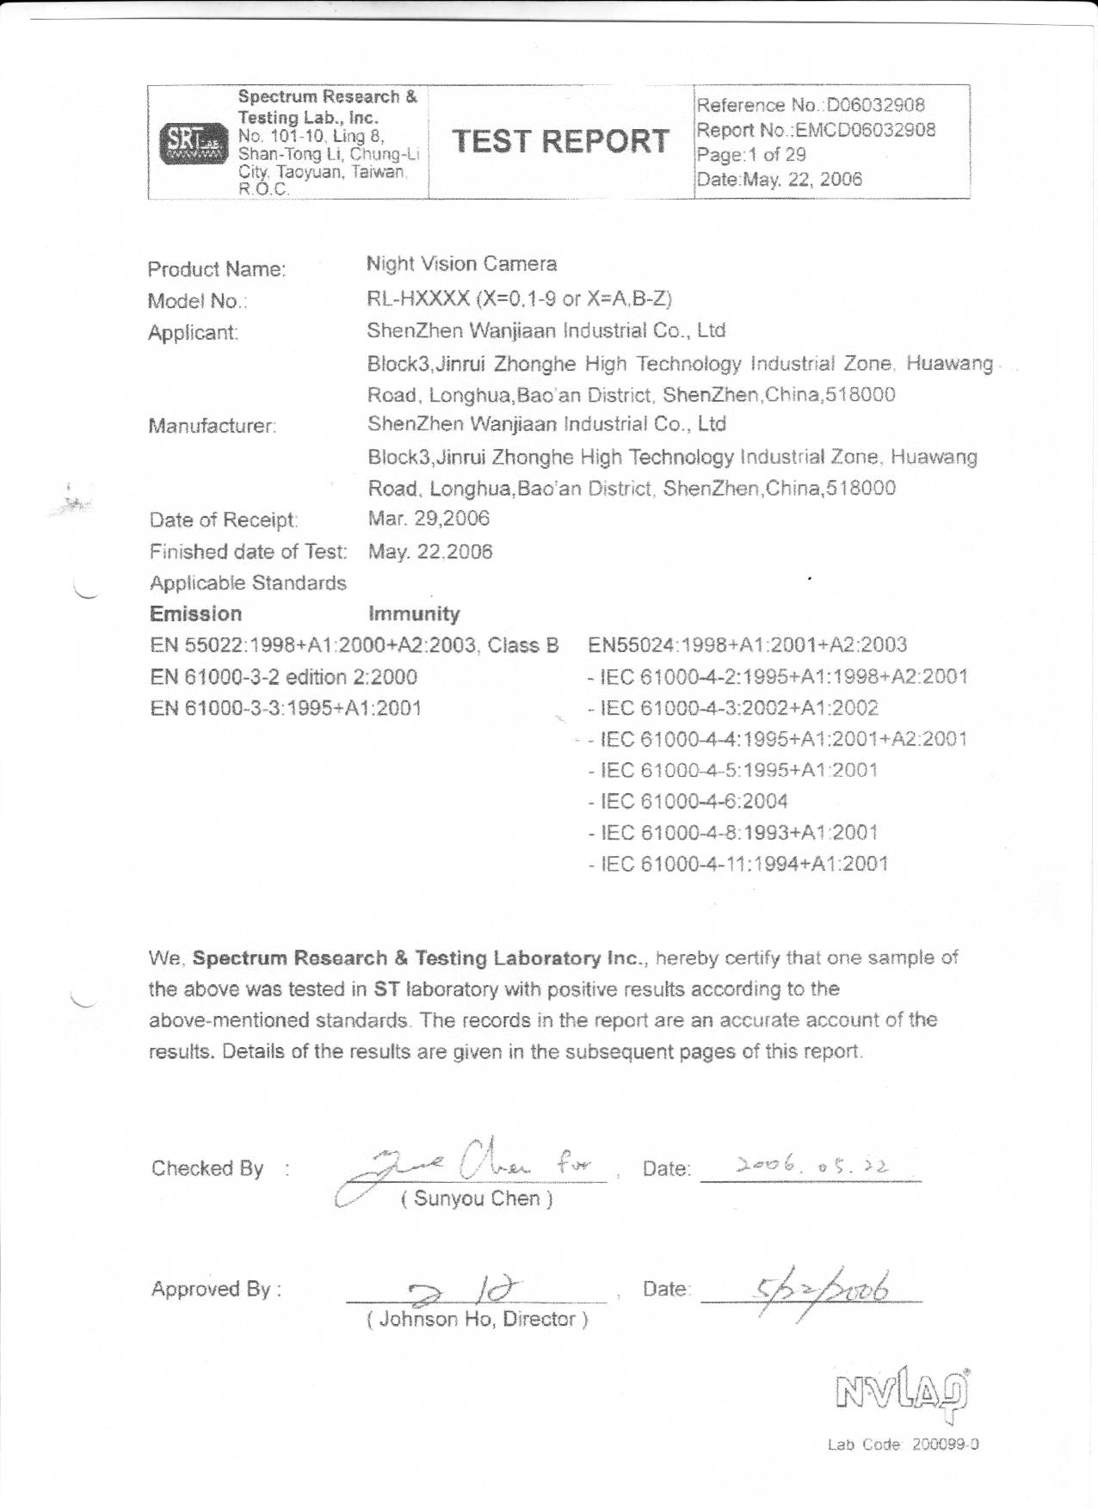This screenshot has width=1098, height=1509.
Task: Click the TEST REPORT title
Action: (x=560, y=141)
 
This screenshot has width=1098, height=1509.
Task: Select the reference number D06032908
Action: (x=875, y=106)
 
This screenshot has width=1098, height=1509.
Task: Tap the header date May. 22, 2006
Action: (x=779, y=180)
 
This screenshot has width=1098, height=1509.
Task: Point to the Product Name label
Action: (x=217, y=269)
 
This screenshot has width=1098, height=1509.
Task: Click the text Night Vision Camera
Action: (x=461, y=264)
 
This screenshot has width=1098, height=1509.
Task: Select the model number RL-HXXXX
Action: (x=418, y=299)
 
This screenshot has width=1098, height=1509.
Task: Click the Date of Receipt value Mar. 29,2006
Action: (x=429, y=519)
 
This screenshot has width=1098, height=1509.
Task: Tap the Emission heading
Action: (x=195, y=614)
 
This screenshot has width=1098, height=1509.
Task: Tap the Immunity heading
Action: (x=414, y=614)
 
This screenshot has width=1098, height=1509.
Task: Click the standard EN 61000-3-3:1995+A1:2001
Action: (x=286, y=708)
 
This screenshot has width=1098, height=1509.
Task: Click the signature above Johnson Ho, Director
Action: (x=465, y=1290)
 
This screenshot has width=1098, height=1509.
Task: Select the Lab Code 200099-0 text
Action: (x=903, y=1444)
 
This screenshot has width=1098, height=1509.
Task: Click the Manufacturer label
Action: (x=212, y=426)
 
